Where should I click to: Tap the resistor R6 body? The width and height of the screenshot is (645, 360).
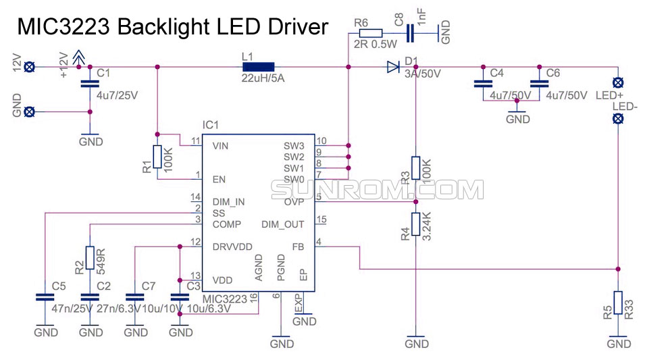(370, 32)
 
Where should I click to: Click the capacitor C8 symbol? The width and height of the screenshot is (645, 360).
(410, 32)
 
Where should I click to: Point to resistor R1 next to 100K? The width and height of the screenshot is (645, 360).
(157, 157)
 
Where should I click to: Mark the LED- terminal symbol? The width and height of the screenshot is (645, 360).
(617, 119)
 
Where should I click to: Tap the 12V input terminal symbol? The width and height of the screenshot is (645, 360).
(29, 66)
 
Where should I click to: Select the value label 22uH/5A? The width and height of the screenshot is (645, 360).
(263, 78)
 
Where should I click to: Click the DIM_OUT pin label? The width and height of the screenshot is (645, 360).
(282, 224)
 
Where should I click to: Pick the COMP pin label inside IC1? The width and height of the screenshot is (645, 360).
(226, 224)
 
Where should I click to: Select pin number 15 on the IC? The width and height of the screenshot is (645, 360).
(321, 220)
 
